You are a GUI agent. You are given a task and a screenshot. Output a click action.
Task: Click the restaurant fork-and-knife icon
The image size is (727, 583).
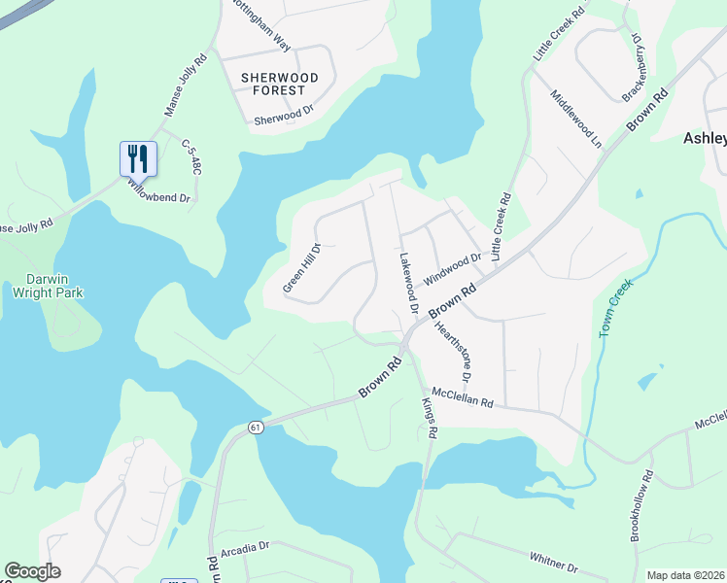138,158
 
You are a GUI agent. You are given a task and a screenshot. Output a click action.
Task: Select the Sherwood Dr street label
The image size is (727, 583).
284,117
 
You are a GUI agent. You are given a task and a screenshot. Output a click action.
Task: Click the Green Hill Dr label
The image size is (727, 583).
301,266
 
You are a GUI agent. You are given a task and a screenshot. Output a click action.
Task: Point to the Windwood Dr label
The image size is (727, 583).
452,262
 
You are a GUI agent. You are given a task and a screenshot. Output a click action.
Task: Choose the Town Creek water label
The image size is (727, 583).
615,308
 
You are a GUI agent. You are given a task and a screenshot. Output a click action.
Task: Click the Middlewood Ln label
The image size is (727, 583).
575,118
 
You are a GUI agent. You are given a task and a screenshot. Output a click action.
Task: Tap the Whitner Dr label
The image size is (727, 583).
554,562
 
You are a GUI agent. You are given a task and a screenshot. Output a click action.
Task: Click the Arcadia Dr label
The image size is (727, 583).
245,547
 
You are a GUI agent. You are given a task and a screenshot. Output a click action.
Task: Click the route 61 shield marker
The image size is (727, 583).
255,427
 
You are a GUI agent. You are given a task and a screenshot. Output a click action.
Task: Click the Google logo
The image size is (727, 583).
33,571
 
